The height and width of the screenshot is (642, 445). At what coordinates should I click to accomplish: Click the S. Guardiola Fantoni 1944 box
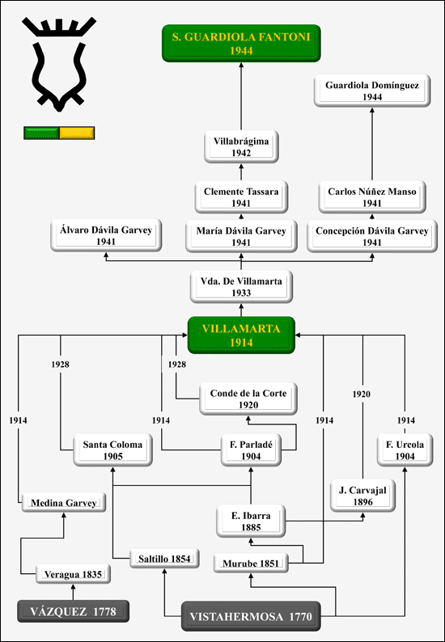(x=241, y=44)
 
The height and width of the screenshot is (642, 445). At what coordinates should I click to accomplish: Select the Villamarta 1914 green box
(x=241, y=336)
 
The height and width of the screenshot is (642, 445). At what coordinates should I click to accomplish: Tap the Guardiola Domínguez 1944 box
(x=372, y=91)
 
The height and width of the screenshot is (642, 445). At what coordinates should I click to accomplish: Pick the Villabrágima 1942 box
(x=241, y=146)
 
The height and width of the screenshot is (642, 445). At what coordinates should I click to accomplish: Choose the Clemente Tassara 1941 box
(x=241, y=197)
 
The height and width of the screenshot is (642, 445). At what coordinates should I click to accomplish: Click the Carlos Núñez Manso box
(x=372, y=197)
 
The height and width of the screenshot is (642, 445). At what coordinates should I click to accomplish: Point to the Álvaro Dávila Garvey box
(x=106, y=235)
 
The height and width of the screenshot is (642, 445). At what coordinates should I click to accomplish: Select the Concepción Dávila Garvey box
(x=372, y=236)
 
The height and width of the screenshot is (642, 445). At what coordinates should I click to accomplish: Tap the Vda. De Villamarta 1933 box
(x=241, y=286)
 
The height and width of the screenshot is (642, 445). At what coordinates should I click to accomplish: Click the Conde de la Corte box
(x=248, y=399)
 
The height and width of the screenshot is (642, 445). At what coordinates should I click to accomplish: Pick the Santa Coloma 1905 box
(x=112, y=450)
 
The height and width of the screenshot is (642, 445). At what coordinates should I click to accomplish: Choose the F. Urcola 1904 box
(x=405, y=450)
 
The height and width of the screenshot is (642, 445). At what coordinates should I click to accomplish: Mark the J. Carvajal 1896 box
(x=362, y=496)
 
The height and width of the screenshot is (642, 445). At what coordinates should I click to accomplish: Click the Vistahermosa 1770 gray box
(x=251, y=616)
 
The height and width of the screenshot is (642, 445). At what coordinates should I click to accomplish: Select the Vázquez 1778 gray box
(x=73, y=611)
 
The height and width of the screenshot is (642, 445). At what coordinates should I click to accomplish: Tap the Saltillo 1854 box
(x=165, y=559)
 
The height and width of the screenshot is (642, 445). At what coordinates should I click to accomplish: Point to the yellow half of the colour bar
(x=77, y=133)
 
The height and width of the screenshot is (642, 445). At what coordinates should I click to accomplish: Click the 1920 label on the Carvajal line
(x=362, y=395)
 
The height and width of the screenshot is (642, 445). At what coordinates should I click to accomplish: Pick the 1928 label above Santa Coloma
(x=60, y=365)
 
